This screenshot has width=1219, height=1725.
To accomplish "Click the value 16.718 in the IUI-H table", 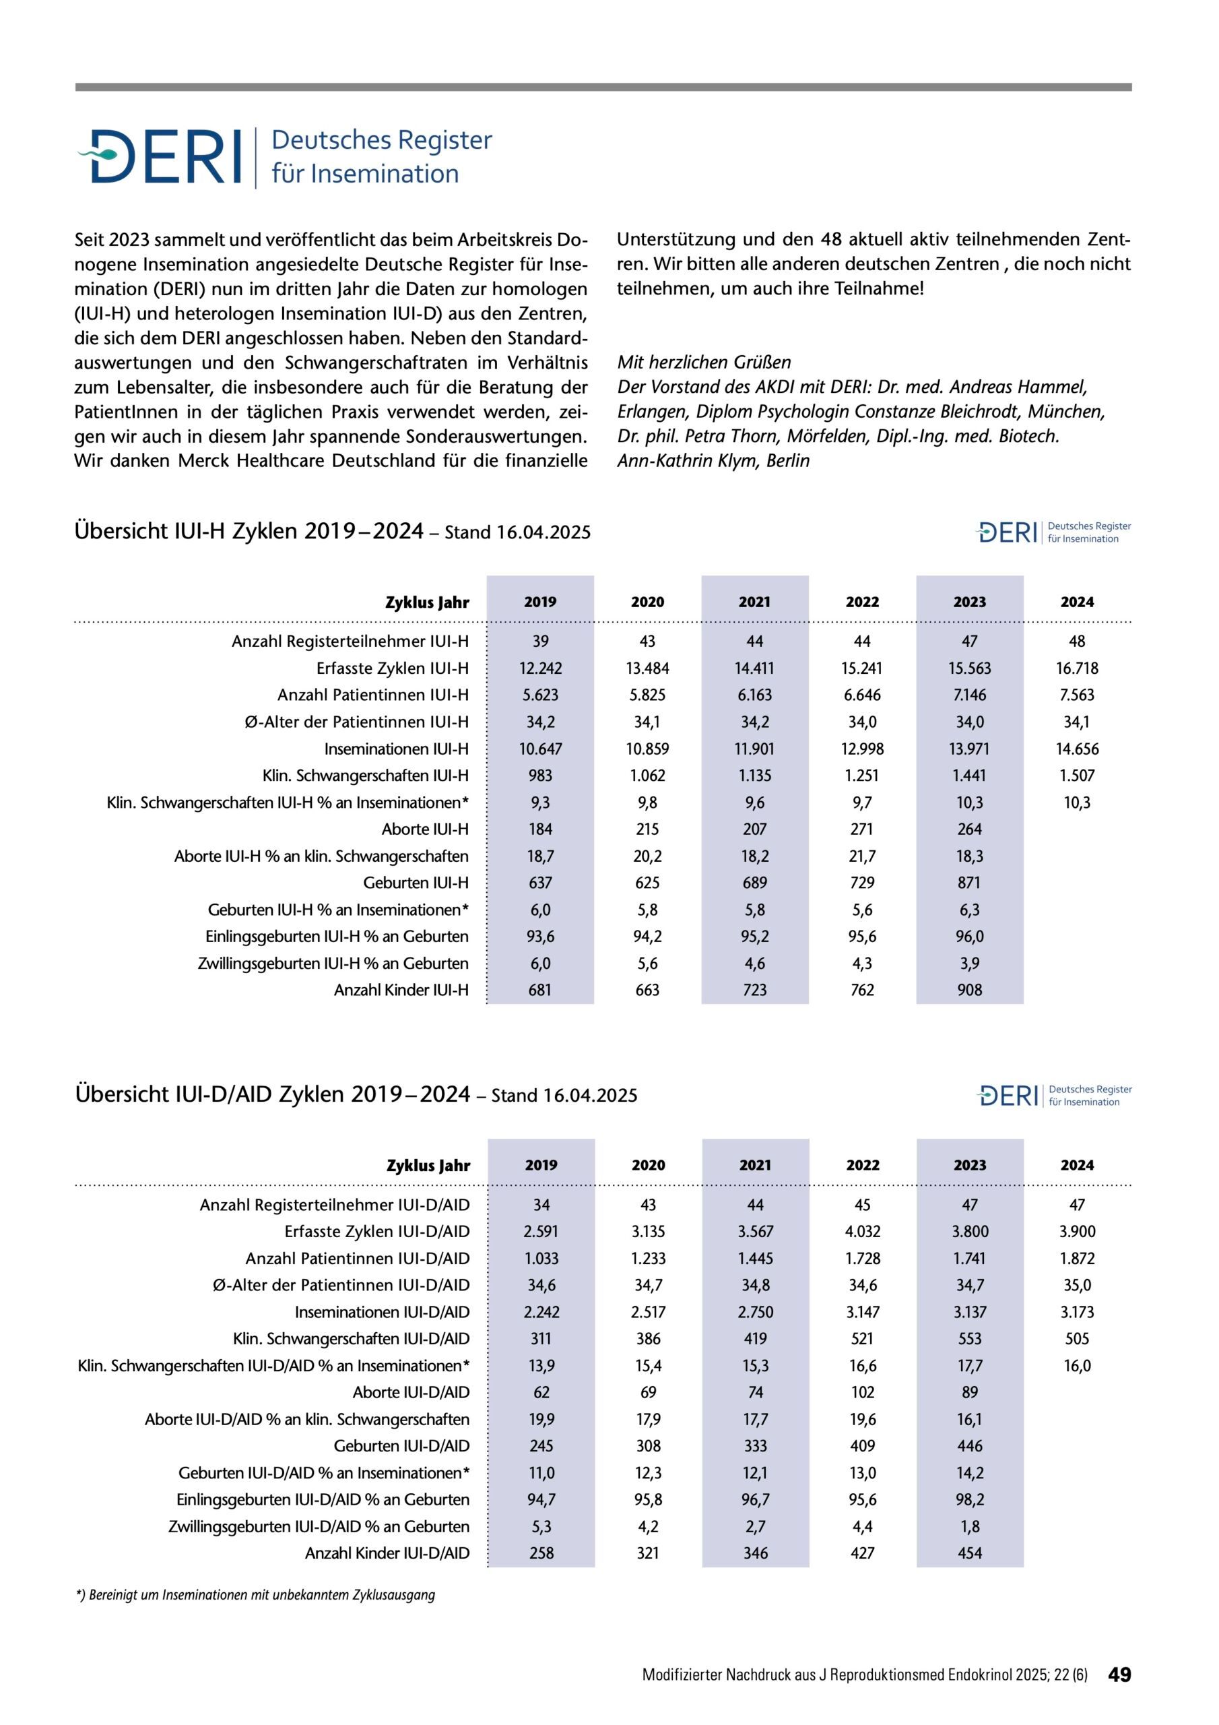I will (1076, 668).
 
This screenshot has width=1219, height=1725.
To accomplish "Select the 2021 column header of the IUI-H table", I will (754, 602).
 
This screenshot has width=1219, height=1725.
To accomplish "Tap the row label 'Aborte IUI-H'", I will (424, 829).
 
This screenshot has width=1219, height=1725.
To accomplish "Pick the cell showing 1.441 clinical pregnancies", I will (969, 776).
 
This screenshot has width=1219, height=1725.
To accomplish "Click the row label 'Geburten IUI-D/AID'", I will (401, 1445).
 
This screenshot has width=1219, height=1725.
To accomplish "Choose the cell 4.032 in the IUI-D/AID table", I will (862, 1231).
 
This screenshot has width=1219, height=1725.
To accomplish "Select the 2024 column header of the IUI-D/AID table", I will (1076, 1165).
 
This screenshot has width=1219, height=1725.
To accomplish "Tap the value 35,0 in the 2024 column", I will (1076, 1285).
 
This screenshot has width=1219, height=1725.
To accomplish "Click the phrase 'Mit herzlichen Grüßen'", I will (704, 362).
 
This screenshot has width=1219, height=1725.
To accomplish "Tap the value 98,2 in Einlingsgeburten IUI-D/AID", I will (969, 1499).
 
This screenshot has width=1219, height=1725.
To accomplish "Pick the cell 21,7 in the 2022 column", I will (862, 856).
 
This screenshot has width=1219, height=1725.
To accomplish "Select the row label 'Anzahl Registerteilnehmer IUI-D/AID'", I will (334, 1204).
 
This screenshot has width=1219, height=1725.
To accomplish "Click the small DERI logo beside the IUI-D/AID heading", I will (1053, 1096).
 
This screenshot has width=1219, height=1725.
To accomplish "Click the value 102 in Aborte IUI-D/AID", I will (862, 1392).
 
